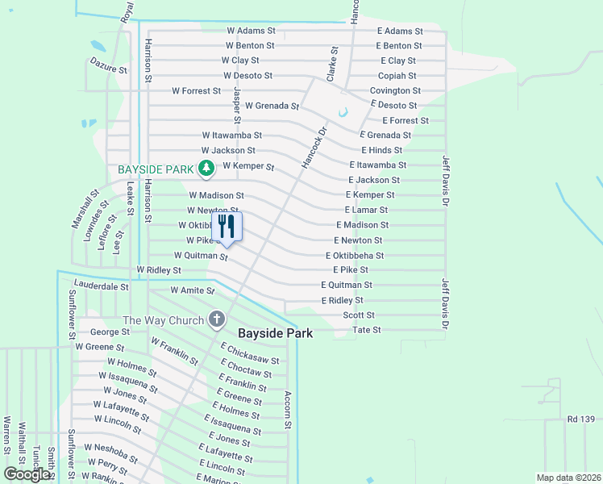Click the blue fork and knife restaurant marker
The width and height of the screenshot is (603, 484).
tap(227, 227)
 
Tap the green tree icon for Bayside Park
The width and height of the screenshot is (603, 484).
tap(206, 169)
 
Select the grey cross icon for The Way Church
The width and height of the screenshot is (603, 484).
tap(216, 320)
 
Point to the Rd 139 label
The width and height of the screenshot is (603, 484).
tap(581, 419)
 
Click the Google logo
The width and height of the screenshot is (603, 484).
tap(27, 474)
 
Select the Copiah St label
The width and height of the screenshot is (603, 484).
tap(397, 76)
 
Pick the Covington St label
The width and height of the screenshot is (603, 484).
tap(395, 91)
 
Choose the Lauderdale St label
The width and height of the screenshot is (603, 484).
tap(101, 286)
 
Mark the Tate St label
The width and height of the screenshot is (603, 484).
tap(367, 330)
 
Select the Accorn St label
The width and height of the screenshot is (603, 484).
tap(287, 410)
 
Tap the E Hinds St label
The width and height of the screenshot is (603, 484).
tap(381, 150)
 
